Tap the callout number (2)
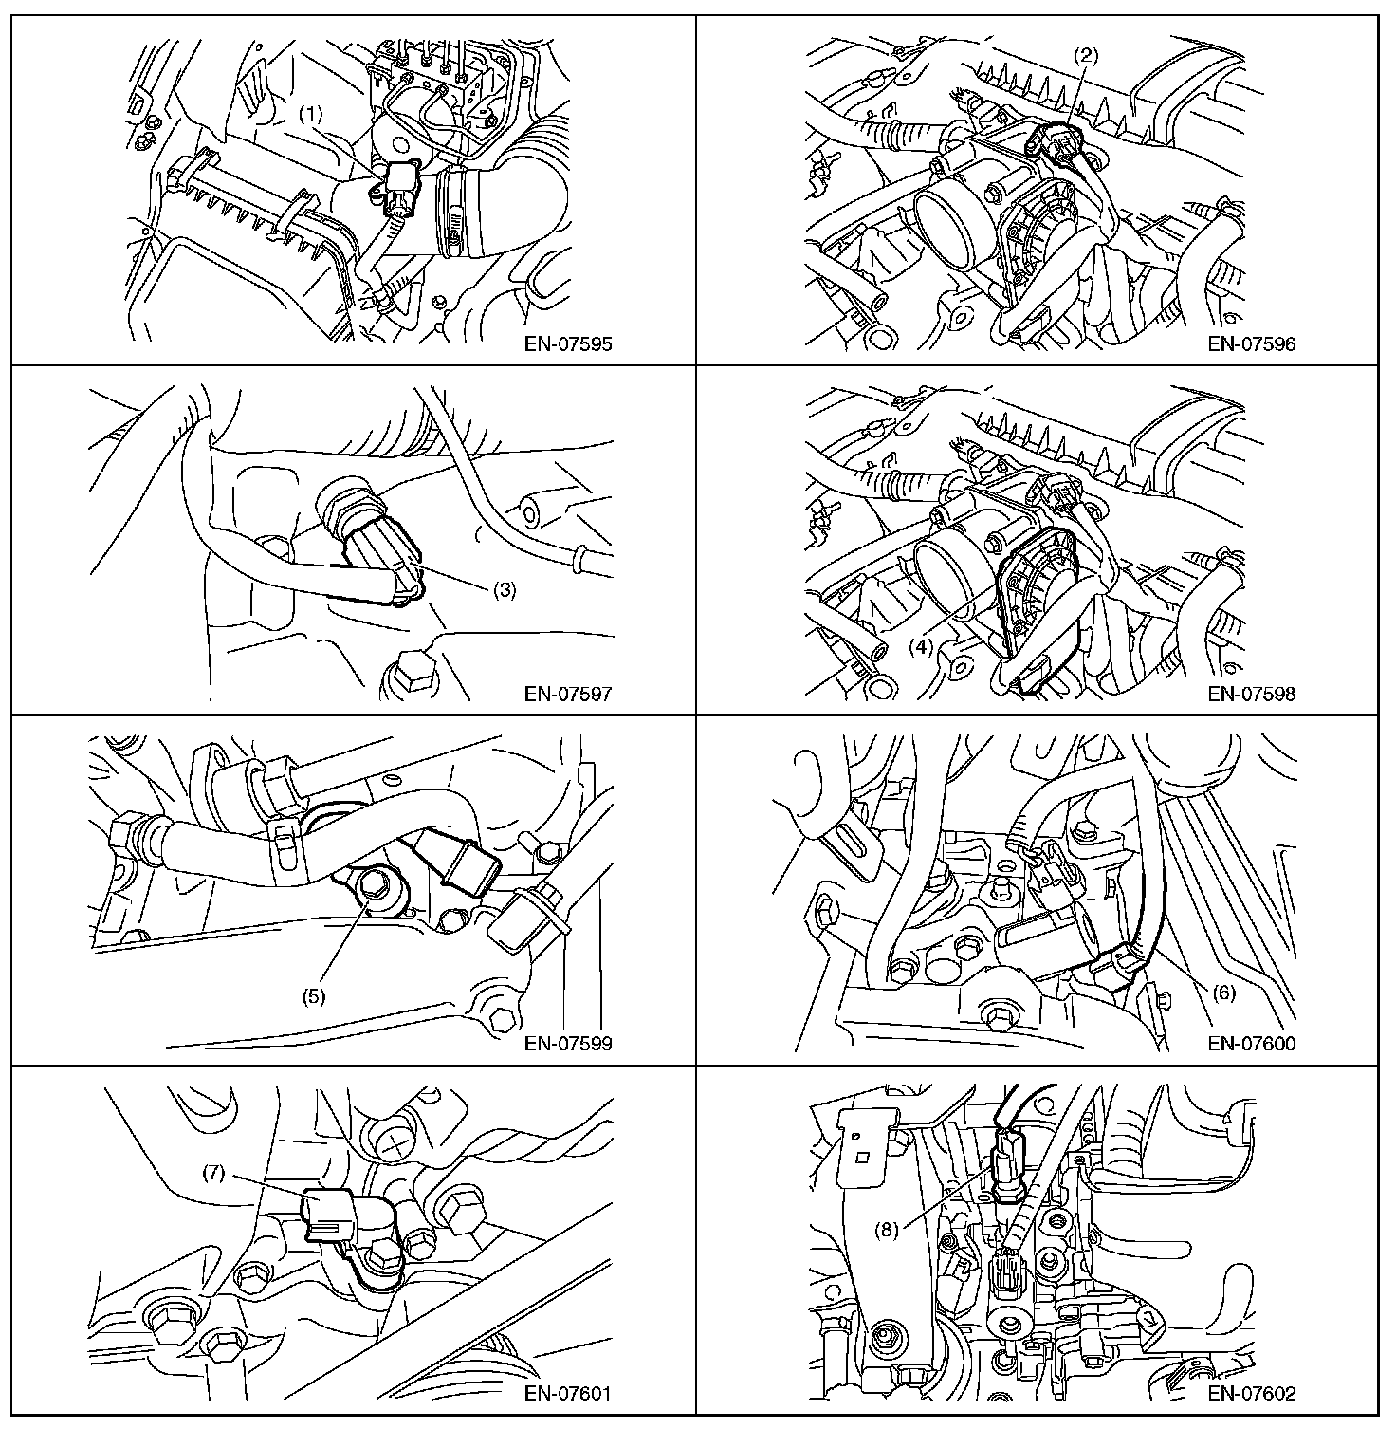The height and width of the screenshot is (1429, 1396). click(x=1086, y=55)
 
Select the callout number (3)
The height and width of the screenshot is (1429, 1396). click(x=504, y=589)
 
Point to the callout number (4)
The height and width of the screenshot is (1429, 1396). click(x=922, y=648)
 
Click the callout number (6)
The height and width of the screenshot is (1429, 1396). click(x=1224, y=993)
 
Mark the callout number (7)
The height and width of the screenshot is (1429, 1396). click(x=213, y=1173)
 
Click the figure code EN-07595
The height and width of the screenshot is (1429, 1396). click(x=568, y=343)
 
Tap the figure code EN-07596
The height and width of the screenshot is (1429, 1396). click(x=1252, y=343)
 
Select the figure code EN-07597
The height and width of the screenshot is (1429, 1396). click(x=568, y=694)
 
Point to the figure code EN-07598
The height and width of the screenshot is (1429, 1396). click(x=1252, y=694)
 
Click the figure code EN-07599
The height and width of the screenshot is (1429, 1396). click(x=568, y=1044)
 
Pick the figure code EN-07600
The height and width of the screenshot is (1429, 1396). click(x=1252, y=1044)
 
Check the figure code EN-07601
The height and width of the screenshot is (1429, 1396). click(x=568, y=1394)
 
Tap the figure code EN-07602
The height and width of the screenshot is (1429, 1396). click(x=1252, y=1394)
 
